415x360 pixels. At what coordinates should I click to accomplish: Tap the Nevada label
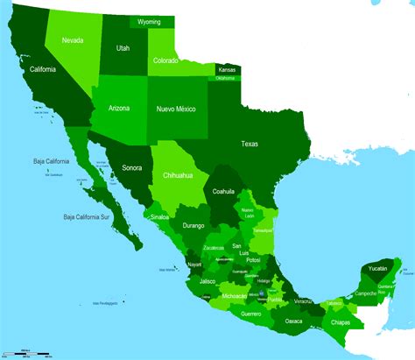click(x=74, y=39)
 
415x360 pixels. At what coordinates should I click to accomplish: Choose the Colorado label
click(x=165, y=60)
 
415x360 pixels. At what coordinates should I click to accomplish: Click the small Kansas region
click(x=227, y=69)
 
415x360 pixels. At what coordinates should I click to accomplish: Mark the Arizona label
click(x=119, y=109)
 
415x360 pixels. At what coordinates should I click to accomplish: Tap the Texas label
click(x=250, y=143)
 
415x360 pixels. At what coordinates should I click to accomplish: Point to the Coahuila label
click(x=223, y=191)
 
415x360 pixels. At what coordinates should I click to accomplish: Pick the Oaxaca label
click(x=294, y=321)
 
